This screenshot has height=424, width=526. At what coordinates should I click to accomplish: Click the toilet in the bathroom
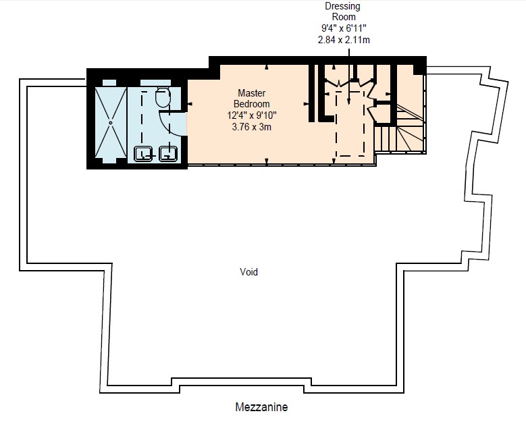click(163, 97)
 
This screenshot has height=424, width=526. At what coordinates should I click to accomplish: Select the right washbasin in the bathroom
click(168, 154)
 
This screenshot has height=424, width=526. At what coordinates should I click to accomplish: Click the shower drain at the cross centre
click(111, 123)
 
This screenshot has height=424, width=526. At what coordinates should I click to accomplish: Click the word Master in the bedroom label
click(252, 92)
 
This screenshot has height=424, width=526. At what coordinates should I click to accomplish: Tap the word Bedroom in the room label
click(252, 104)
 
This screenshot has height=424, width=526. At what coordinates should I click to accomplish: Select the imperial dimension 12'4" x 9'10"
click(252, 115)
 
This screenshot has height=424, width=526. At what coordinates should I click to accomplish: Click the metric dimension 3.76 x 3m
click(252, 127)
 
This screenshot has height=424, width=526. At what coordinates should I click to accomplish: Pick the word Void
click(249, 271)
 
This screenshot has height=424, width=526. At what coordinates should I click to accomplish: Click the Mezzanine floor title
click(262, 407)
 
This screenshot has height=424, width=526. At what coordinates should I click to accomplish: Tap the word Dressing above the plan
click(342, 6)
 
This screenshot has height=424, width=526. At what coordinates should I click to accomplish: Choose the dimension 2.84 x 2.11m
click(344, 40)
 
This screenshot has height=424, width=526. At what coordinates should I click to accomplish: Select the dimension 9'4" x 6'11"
click(344, 28)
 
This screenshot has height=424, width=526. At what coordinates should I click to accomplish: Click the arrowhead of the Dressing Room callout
click(349, 102)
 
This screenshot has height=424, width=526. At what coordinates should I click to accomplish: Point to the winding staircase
click(400, 128)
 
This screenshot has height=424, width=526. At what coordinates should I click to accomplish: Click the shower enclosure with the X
click(111, 123)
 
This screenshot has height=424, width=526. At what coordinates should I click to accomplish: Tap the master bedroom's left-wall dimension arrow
click(190, 104)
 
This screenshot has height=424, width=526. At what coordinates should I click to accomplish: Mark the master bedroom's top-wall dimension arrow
click(267, 68)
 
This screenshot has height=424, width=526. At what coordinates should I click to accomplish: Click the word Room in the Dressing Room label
click(344, 17)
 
